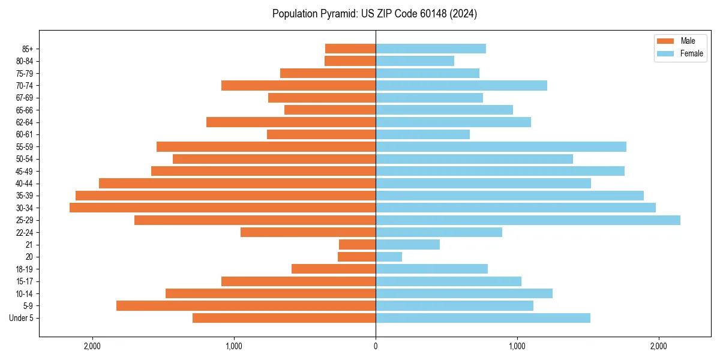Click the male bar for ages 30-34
coord(223,208)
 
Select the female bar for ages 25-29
coord(528,220)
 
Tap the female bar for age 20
coord(389,257)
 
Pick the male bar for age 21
coord(358,244)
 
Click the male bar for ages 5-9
coord(246,305)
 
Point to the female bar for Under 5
coord(483,318)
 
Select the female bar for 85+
coord(431,49)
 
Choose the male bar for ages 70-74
coord(298,85)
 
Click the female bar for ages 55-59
coord(501,146)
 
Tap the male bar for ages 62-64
coord(291,122)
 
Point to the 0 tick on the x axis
coord(376,346)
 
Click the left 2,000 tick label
coord(92,346)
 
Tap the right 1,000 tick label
coord(517,346)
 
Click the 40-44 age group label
coord(25,184)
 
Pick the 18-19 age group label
coord(25,269)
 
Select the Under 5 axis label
coord(22,318)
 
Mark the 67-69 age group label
coord(25,98)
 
